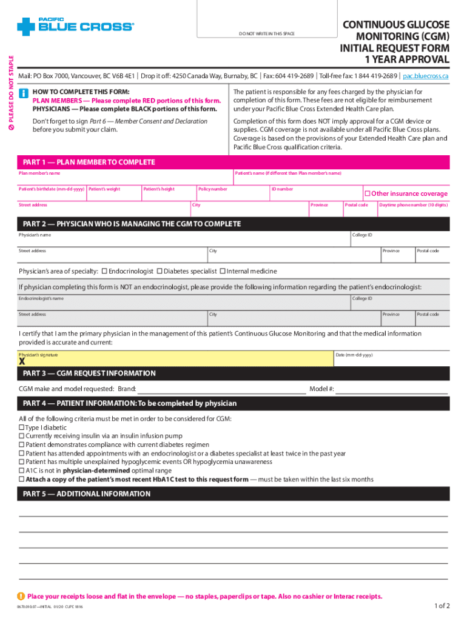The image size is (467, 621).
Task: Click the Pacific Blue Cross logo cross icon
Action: tap(27, 26)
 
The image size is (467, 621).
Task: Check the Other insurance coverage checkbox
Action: tap(367, 193)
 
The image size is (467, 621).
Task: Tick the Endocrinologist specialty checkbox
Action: tap(104, 270)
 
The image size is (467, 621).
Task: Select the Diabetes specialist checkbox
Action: tap(160, 270)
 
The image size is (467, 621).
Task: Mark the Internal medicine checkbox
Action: tap(222, 270)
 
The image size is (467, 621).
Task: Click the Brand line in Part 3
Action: tap(221, 389)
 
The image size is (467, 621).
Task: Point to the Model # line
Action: tap(392, 389)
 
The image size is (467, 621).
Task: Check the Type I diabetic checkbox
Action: tap(22, 428)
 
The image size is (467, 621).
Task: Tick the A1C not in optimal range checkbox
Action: tap(22, 470)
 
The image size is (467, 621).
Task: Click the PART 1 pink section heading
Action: tap(89, 163)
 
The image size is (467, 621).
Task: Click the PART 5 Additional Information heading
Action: tap(87, 494)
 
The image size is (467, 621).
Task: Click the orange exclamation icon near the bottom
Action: tap(22, 596)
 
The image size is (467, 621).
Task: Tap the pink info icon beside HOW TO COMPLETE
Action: tap(24, 93)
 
